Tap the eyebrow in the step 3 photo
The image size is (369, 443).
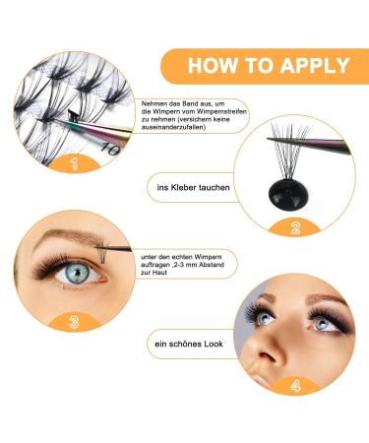pyautogui.click(x=59, y=229)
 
